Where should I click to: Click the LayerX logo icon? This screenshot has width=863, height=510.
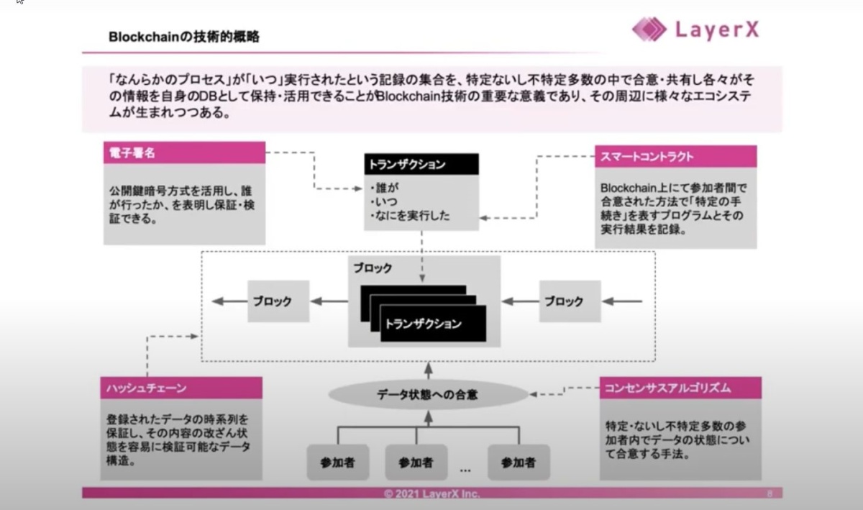(x=649, y=29)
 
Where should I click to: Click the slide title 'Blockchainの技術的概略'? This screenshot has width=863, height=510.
(x=184, y=37)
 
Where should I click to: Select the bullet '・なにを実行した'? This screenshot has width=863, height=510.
(x=409, y=215)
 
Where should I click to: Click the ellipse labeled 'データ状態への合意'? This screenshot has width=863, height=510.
(x=427, y=394)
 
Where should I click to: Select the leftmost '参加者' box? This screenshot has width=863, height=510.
(x=338, y=463)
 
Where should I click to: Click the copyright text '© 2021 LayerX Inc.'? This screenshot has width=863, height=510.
(x=431, y=494)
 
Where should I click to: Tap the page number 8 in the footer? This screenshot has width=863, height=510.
(x=770, y=494)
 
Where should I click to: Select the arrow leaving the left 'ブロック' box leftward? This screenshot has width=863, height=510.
(x=229, y=301)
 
